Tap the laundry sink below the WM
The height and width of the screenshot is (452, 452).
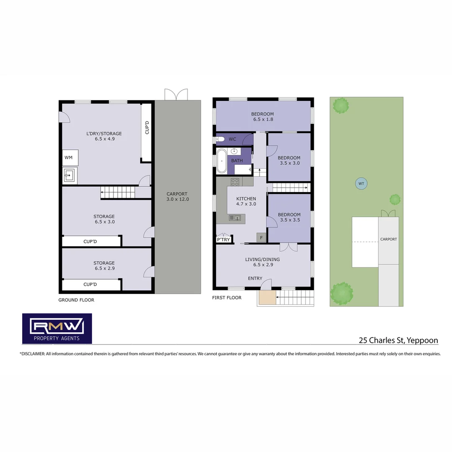(70, 175)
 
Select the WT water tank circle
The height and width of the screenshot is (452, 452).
(360, 183)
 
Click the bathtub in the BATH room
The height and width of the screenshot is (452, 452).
(221, 161)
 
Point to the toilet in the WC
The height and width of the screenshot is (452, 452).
(221, 139)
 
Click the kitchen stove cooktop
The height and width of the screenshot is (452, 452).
(235, 182)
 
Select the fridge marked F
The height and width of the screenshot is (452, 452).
(261, 238)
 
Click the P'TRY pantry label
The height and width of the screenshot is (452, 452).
(223, 239)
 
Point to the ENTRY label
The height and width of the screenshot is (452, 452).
(255, 278)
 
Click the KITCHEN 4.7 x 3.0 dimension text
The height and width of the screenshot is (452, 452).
(246, 204)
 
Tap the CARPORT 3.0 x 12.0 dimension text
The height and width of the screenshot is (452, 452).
(177, 199)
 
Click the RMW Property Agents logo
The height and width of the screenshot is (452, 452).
(57, 329)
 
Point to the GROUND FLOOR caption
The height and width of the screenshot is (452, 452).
(76, 300)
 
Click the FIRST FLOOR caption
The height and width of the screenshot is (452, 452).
(227, 298)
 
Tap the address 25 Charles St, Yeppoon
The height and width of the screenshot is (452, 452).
(398, 340)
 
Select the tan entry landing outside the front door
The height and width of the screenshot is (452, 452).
(267, 297)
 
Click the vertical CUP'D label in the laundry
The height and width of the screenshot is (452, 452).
(146, 127)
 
